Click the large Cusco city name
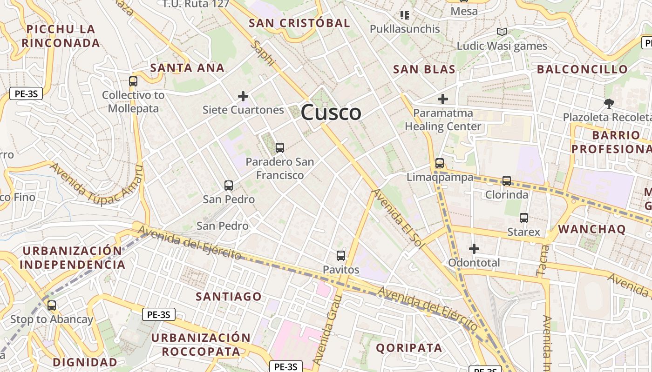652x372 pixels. point(331,113)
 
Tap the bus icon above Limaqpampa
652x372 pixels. point(440,163)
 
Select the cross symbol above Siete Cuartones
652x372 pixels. point(243,96)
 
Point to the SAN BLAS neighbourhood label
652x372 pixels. point(424,70)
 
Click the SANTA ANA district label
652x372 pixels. point(187,68)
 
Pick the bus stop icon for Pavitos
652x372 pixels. point(341,255)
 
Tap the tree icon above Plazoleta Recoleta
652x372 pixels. point(608,103)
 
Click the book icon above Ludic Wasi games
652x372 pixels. point(502,32)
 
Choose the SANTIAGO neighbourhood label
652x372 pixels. point(229,296)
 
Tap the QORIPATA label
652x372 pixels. point(409,347)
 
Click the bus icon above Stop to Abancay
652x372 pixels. point(52,306)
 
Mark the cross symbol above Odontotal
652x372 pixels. point(474,249)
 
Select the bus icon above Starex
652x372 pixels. point(524,218)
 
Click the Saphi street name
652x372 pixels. point(263,54)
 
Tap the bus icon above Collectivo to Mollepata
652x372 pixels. point(133,81)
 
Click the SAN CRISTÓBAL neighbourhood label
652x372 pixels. point(299,23)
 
